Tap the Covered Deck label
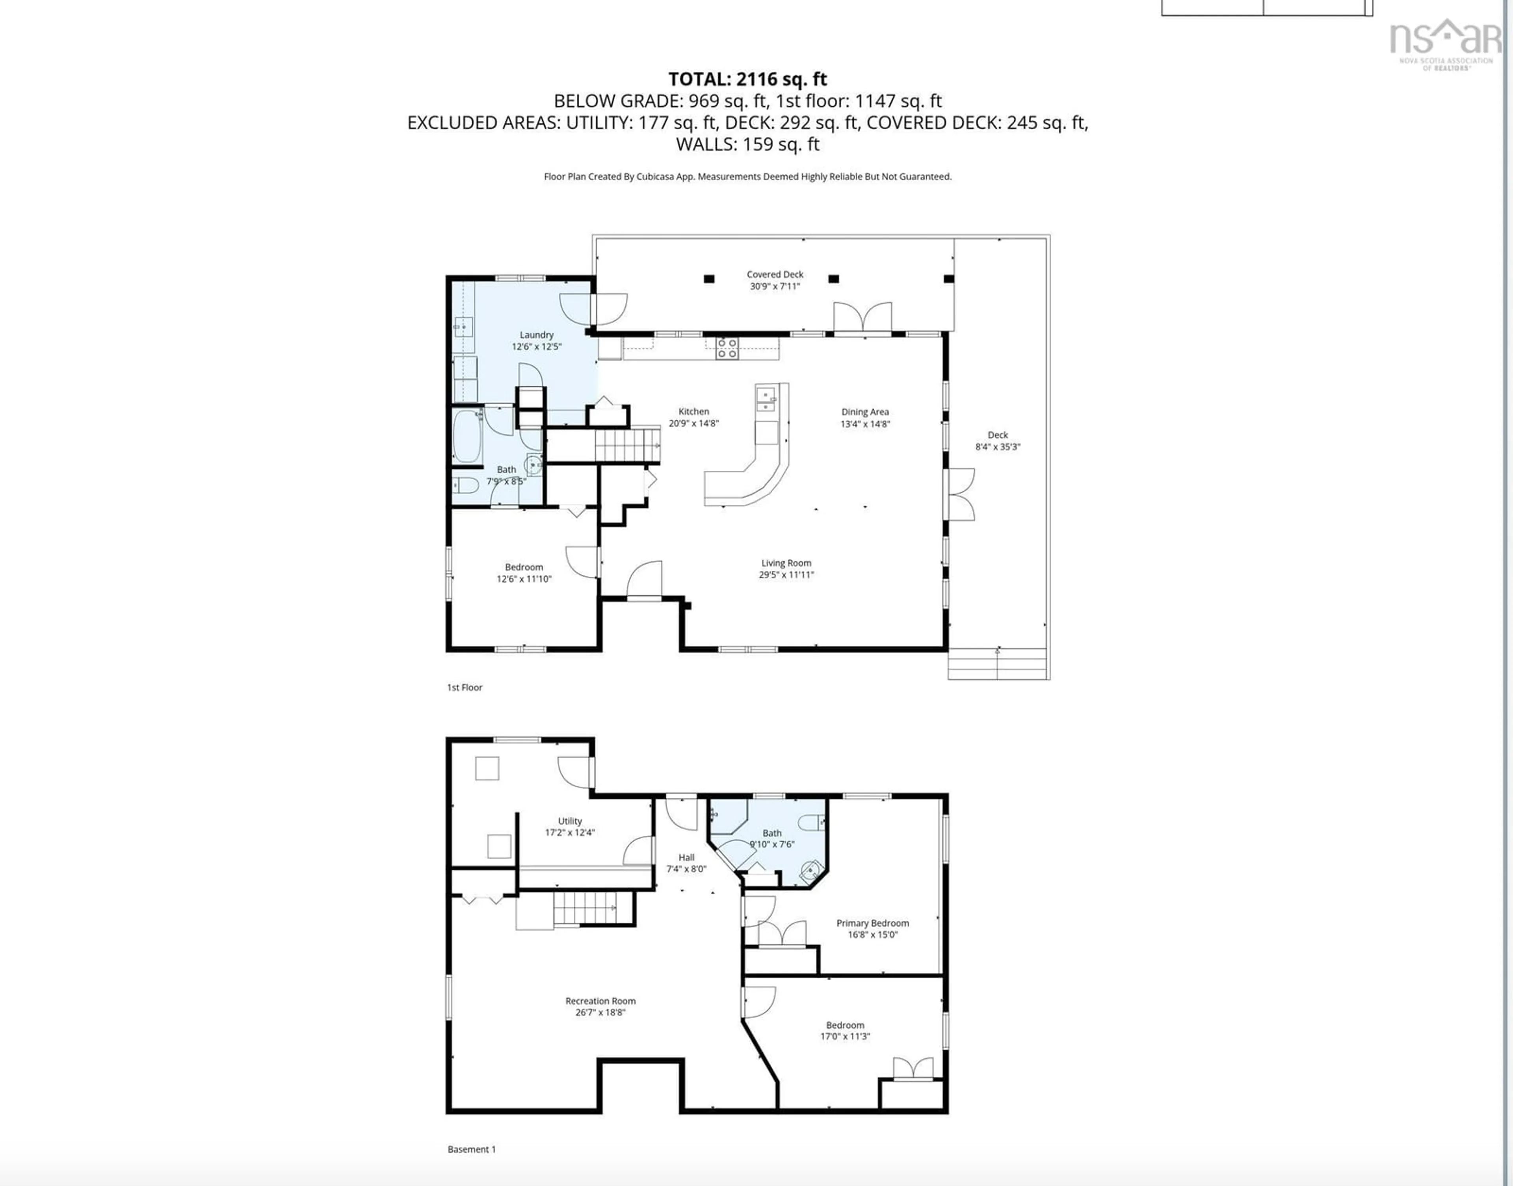[775, 280]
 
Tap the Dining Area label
[864, 417]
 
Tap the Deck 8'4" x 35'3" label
[997, 441]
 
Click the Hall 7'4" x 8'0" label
[686, 863]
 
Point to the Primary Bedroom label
[872, 928]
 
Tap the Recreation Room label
[600, 1006]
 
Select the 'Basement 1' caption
[472, 1149]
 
